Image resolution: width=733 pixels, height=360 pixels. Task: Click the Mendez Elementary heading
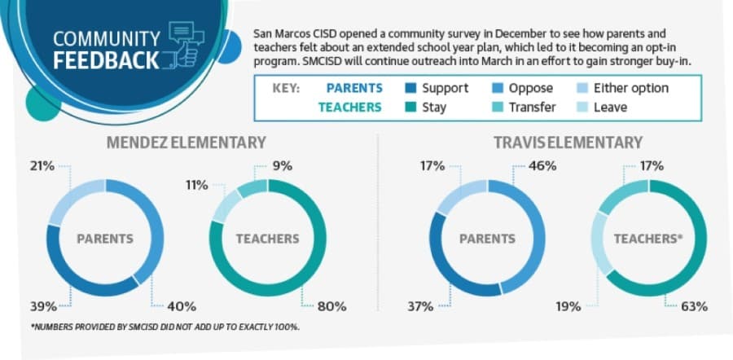coord(186,143)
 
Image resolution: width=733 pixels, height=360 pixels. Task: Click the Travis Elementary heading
coord(568,143)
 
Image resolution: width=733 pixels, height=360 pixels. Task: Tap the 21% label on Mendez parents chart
coord(42,166)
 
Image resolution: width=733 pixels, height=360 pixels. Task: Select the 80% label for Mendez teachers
coord(332,307)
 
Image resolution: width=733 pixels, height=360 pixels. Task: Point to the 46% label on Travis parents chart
coord(542,166)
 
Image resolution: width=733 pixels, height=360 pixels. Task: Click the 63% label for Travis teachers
coord(694,307)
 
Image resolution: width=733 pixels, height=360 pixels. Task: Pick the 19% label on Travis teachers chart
coord(568,307)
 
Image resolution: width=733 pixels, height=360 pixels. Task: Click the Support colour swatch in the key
coord(410,88)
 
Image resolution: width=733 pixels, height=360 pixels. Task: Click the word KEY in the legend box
coord(286,88)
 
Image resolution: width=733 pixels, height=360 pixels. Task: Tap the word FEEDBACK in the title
coord(106,61)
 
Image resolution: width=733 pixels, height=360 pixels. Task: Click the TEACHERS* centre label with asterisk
coord(648,239)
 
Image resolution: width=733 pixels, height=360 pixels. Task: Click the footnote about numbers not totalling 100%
coord(165,327)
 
